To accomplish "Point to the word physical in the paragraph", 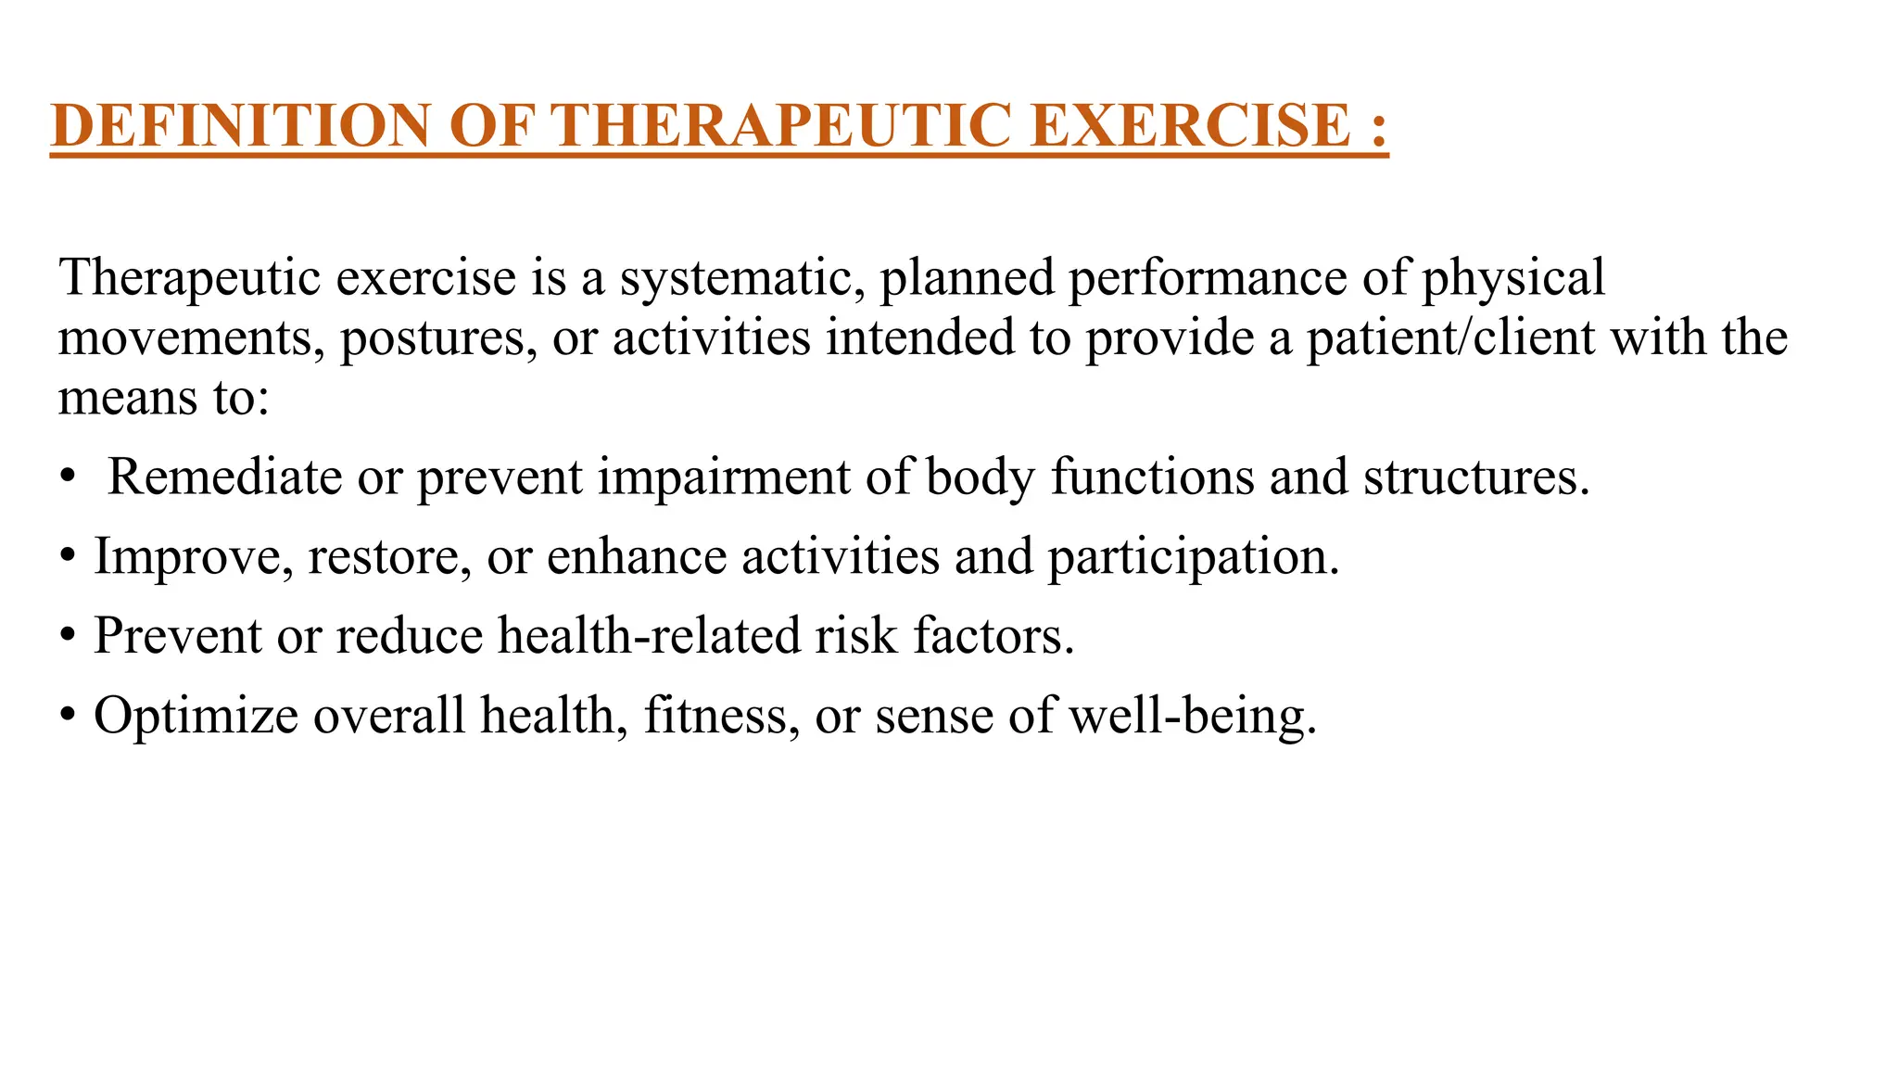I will (1512, 278).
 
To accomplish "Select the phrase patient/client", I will (1451, 337).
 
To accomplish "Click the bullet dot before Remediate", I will (67, 479).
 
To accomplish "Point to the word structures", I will (1475, 477).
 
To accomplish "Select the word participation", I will (1194, 558).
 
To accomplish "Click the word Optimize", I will (196, 717).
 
